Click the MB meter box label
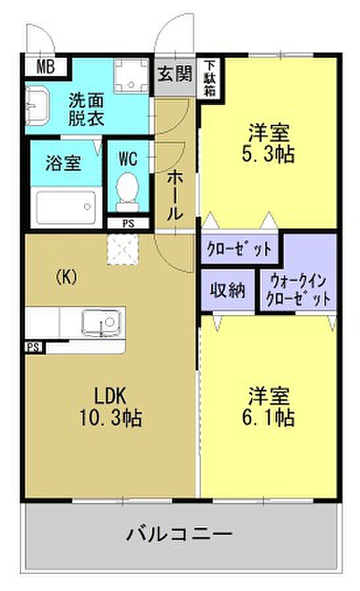click(x=45, y=67)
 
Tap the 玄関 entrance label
click(x=175, y=74)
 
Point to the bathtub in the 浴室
click(x=66, y=208)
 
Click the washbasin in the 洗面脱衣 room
click(x=37, y=106)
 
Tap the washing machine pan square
click(x=131, y=75)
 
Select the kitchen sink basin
click(x=101, y=322)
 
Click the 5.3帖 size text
click(x=268, y=154)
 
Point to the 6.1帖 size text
click(x=268, y=417)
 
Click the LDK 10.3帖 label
click(x=110, y=407)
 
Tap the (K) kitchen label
click(x=66, y=278)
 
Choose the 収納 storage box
click(x=228, y=290)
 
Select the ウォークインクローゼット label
click(x=298, y=291)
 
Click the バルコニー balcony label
click(x=179, y=535)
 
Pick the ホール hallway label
click(x=175, y=195)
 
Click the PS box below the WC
click(x=128, y=223)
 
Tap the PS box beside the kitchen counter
click(x=34, y=347)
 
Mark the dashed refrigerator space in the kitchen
click(x=123, y=249)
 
